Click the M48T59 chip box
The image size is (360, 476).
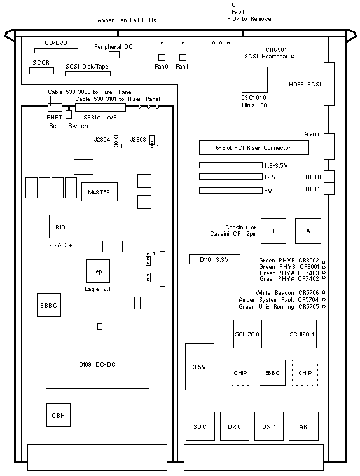tap(99, 192)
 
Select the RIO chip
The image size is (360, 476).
tap(61, 226)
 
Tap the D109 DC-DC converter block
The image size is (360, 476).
tap(97, 364)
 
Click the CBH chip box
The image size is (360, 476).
tap(59, 415)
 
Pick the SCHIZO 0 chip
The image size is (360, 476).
tap(247, 334)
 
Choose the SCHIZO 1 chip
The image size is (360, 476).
tap(303, 334)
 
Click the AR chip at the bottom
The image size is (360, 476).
tap(303, 426)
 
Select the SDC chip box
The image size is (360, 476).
tap(200, 426)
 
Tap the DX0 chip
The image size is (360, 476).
tap(235, 426)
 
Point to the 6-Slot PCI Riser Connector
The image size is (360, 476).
tap(254, 148)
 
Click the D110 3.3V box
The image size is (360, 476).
tap(214, 259)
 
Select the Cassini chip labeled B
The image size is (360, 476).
tap(273, 231)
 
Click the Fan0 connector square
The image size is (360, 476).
tap(162, 57)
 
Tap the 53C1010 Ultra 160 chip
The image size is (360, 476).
tap(254, 79)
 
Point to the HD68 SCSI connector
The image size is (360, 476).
tap(329, 84)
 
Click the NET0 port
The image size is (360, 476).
tap(329, 177)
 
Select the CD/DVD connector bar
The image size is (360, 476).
tap(56, 51)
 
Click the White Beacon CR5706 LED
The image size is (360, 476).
tap(324, 292)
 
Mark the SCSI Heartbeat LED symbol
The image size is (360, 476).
tap(293, 56)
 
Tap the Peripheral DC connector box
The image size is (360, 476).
tap(114, 55)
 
